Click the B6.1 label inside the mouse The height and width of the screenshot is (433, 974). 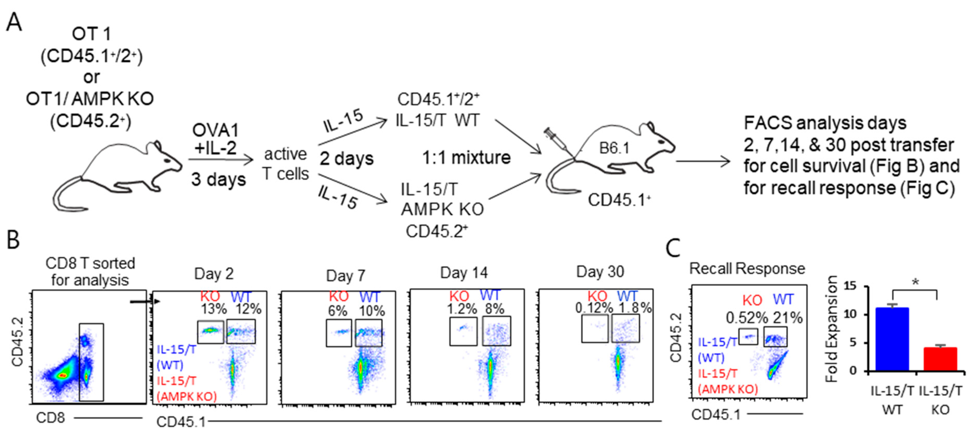[614, 148]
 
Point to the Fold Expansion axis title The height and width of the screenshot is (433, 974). [832, 329]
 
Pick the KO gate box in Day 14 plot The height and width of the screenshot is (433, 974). [463, 331]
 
